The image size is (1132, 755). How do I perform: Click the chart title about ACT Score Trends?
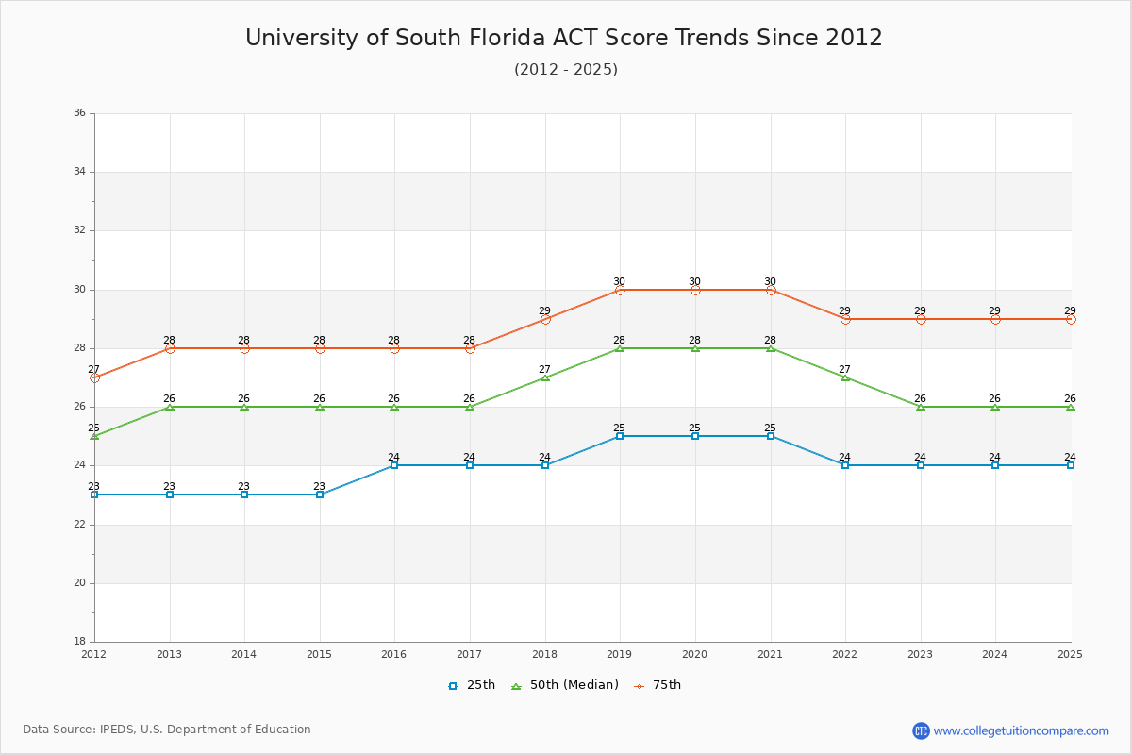pyautogui.click(x=564, y=38)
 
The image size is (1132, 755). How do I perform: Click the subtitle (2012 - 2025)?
pyautogui.click(x=566, y=70)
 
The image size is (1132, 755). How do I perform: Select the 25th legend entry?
pyautogui.click(x=472, y=685)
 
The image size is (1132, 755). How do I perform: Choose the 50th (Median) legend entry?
pyautogui.click(x=565, y=685)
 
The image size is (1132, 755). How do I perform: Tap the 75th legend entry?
pyautogui.click(x=658, y=685)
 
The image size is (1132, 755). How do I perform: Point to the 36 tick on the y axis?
pyautogui.click(x=79, y=113)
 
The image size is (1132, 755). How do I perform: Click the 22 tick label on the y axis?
pyautogui.click(x=79, y=525)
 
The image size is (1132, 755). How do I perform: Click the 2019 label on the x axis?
pyautogui.click(x=620, y=654)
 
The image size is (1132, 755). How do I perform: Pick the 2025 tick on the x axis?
pyautogui.click(x=1070, y=654)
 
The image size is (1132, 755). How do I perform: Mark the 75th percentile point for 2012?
pyautogui.click(x=94, y=377)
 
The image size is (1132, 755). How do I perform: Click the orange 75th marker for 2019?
pyautogui.click(x=620, y=290)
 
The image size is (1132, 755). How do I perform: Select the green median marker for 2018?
pyautogui.click(x=545, y=377)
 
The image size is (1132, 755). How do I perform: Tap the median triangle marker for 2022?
pyautogui.click(x=845, y=377)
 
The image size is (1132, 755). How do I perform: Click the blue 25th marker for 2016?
pyautogui.click(x=394, y=465)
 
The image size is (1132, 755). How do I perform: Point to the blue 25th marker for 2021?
pyautogui.click(x=771, y=436)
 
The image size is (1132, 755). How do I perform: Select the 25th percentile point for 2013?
pyautogui.click(x=170, y=495)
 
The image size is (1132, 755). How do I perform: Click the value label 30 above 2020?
pyautogui.click(x=694, y=281)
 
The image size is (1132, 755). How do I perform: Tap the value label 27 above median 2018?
pyautogui.click(x=544, y=369)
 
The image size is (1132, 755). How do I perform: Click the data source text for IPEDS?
pyautogui.click(x=167, y=730)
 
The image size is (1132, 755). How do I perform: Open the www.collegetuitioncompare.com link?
pyautogui.click(x=1021, y=730)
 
